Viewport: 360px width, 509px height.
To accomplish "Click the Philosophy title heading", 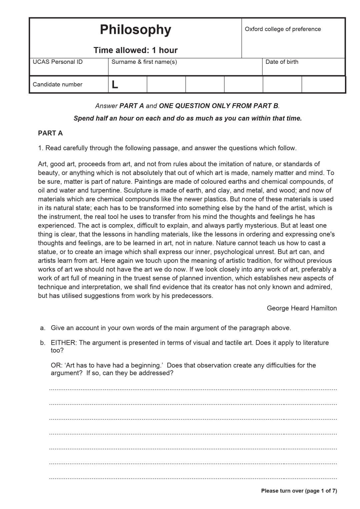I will (135, 30).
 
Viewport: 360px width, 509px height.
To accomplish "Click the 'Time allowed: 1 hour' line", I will (135, 50).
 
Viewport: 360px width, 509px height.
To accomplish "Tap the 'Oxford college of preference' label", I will (283, 29).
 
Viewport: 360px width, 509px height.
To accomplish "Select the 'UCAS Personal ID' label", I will (58, 62).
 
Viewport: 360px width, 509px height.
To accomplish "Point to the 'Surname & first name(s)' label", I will (144, 62).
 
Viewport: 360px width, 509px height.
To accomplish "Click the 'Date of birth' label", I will (282, 62).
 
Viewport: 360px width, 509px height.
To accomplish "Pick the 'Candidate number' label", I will (57, 84).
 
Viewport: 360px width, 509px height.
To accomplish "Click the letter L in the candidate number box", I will (115, 85).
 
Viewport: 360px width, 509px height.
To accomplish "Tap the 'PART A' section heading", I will (50, 133).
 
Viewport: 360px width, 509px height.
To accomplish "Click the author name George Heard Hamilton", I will (302, 308).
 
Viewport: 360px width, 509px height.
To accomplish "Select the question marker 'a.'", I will (43, 328).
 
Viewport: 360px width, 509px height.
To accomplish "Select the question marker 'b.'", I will (43, 342).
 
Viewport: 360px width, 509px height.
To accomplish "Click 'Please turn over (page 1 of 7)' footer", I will (299, 491).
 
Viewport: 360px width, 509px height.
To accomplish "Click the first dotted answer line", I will (193, 389).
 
